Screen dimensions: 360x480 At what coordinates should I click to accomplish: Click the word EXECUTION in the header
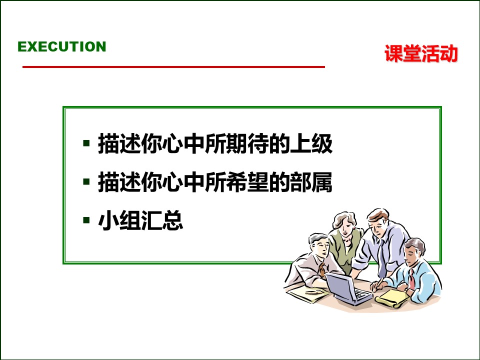click(x=62, y=47)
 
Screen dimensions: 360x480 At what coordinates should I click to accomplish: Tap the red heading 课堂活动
click(x=421, y=54)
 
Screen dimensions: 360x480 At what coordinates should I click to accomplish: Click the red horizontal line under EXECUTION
click(x=173, y=66)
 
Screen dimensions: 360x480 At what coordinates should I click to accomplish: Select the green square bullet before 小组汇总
click(x=86, y=219)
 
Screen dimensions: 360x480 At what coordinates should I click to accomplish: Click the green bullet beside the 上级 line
click(x=86, y=143)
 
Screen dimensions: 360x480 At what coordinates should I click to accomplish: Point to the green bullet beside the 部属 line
click(x=86, y=181)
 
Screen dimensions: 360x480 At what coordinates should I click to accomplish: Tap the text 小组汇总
click(x=140, y=221)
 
